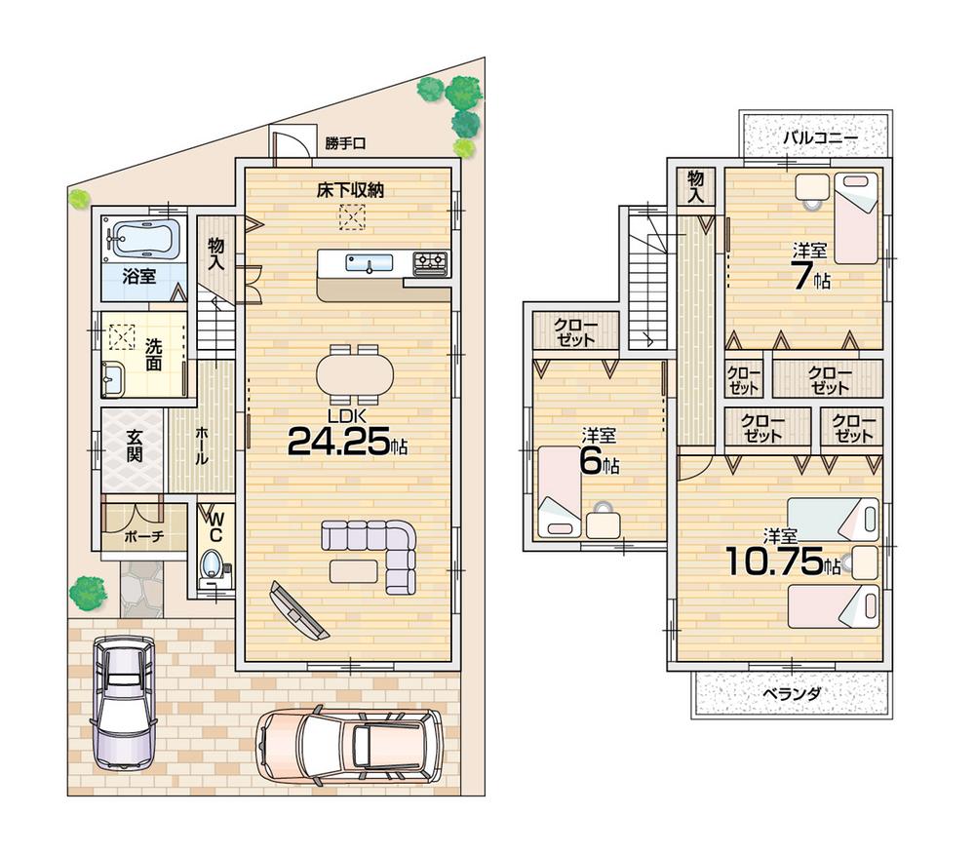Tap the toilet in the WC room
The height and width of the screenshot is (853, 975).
210,565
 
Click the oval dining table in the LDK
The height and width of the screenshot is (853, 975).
355,373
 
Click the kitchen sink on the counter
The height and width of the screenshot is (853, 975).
369,262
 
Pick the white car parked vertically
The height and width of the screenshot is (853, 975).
125,700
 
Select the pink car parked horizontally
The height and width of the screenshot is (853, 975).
349,744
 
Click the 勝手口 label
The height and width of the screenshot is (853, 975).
345,143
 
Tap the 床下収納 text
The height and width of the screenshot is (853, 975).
349,190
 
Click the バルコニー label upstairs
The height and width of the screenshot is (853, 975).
819,138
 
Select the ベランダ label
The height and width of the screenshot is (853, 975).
792,694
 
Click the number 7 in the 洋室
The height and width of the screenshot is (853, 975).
801,277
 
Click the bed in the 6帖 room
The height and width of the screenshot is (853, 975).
558,490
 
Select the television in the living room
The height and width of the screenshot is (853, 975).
298,611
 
